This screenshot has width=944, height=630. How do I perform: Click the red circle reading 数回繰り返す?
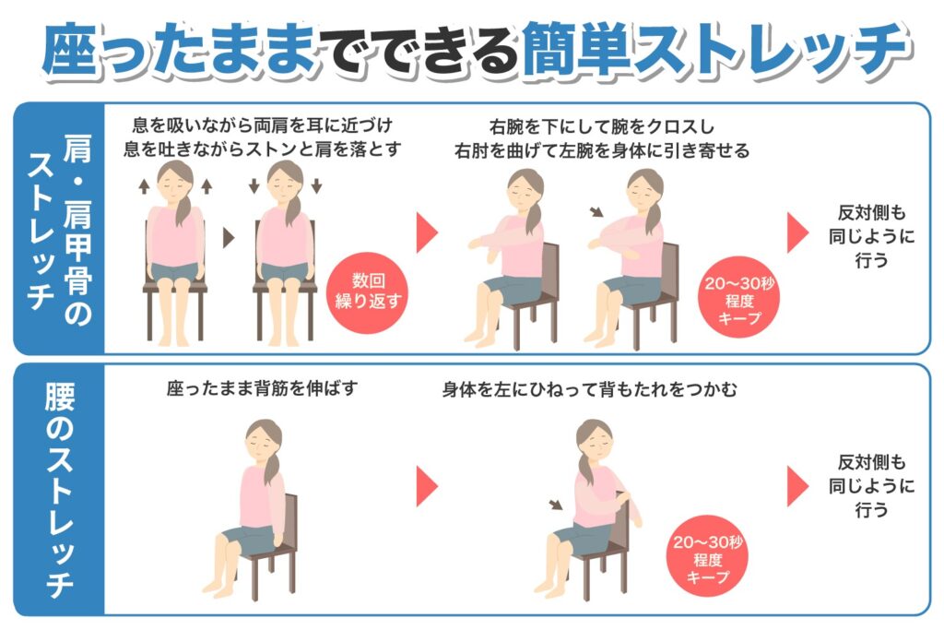pyautogui.click(x=367, y=292)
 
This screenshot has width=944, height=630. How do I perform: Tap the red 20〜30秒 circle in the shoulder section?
pyautogui.click(x=738, y=298)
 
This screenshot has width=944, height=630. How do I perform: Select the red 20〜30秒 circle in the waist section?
pyautogui.click(x=707, y=556)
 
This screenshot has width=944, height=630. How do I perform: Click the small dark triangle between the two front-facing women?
pyautogui.click(x=229, y=238)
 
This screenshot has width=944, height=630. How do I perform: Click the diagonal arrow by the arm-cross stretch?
pyautogui.click(x=596, y=211)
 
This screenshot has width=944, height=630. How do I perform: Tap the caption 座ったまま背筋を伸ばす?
pyautogui.click(x=263, y=388)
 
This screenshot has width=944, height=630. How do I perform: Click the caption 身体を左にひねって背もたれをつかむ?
pyautogui.click(x=589, y=389)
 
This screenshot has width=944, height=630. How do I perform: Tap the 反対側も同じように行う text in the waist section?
pyautogui.click(x=871, y=486)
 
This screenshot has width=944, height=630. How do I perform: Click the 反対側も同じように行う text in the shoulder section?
pyautogui.click(x=871, y=236)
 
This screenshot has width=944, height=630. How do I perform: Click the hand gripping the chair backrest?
pyautogui.click(x=622, y=497)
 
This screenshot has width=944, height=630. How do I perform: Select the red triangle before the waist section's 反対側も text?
pyautogui.click(x=797, y=486)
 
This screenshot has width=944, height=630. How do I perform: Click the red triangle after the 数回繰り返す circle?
pyautogui.click(x=427, y=232)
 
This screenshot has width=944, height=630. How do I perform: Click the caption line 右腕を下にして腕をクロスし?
pyautogui.click(x=602, y=127)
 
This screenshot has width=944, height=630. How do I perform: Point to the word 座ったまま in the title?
pyautogui.click(x=180, y=51)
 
